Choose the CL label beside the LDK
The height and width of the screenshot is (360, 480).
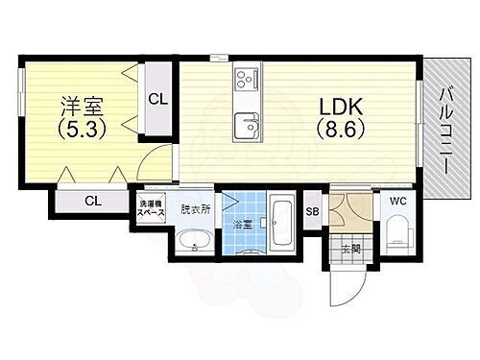coord(158,98)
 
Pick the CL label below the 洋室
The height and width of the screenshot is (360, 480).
coord(93,201)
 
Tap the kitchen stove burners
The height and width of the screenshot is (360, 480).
coord(246,77)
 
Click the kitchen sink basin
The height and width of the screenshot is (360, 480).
coord(247,125)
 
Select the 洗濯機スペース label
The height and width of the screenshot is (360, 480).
coord(153,206)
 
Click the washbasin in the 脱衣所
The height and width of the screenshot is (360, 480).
coord(196,242)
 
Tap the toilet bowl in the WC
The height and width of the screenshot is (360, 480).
coord(396,236)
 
